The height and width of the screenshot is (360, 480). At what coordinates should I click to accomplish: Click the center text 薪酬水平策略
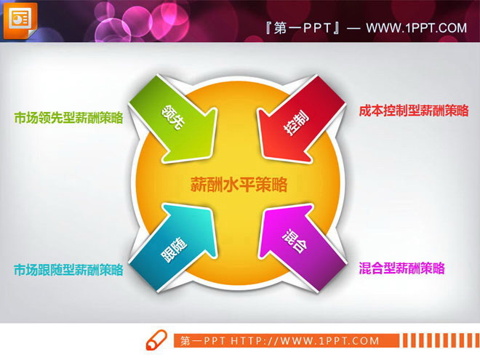239,185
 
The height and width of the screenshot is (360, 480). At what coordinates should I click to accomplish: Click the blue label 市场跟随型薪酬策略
68,270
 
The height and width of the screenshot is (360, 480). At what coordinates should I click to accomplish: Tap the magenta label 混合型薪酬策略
401,268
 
